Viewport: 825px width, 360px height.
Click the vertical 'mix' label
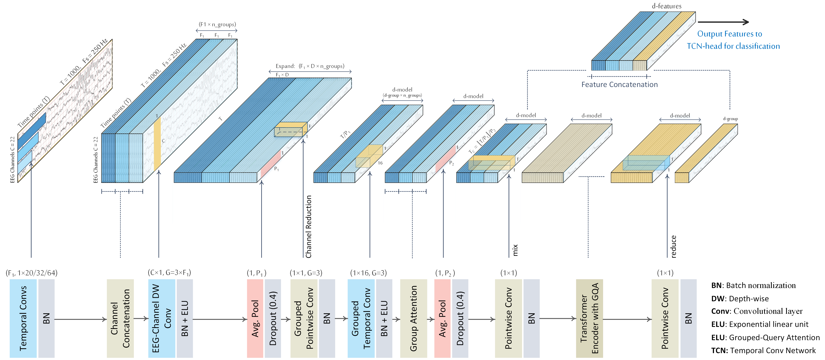(515, 250)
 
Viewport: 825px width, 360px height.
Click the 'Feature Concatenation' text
(619, 84)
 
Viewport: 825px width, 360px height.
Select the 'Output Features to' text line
(730, 34)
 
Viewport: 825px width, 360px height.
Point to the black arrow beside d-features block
(723, 22)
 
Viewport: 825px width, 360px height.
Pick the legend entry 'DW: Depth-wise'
(740, 298)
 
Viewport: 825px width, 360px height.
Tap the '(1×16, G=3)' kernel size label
(368, 273)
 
